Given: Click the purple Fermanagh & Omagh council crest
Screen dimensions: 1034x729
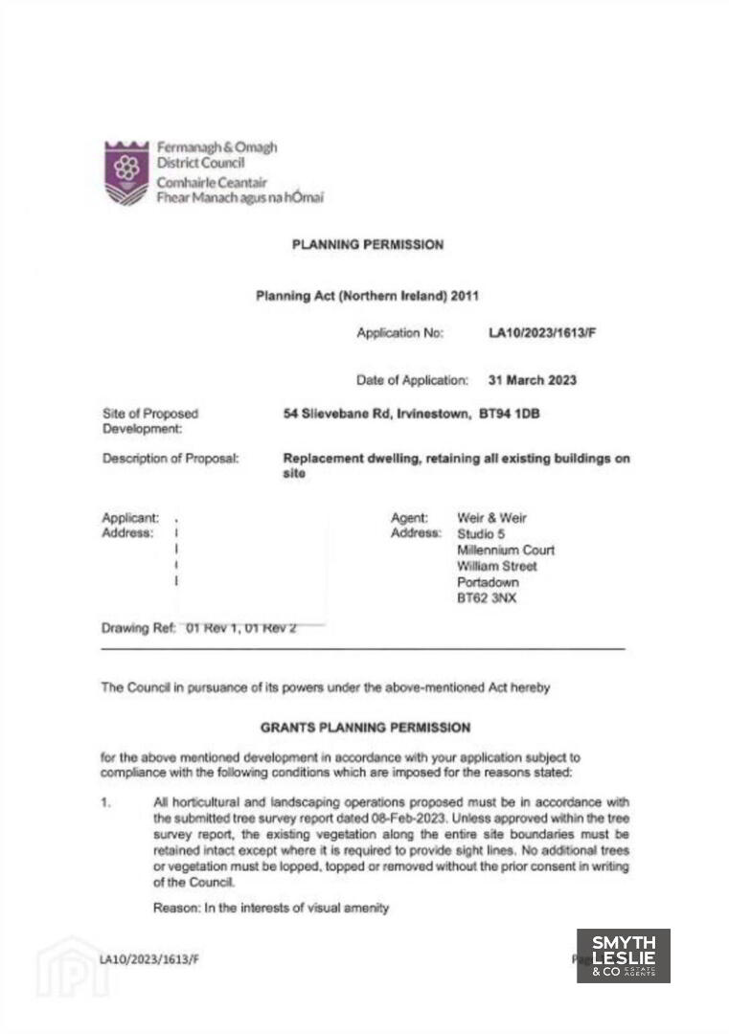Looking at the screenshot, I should [x=126, y=173].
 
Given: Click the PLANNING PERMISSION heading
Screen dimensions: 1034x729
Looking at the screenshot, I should [x=368, y=245].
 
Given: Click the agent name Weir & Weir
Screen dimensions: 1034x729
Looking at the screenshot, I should [x=492, y=518].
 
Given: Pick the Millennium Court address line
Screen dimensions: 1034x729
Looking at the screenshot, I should [x=506, y=551].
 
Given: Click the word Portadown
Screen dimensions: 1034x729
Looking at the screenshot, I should [x=489, y=582].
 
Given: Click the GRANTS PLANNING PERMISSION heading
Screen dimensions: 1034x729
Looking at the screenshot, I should [x=365, y=728].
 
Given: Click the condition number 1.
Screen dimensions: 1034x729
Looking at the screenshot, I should [x=104, y=802].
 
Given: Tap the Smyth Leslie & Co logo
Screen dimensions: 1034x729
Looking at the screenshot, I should [x=623, y=955].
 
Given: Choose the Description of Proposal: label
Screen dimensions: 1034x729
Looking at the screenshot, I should [x=171, y=459].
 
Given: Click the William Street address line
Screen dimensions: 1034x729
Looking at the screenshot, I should [x=497, y=566].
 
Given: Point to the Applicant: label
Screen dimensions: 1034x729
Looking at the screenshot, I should [x=130, y=518].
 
